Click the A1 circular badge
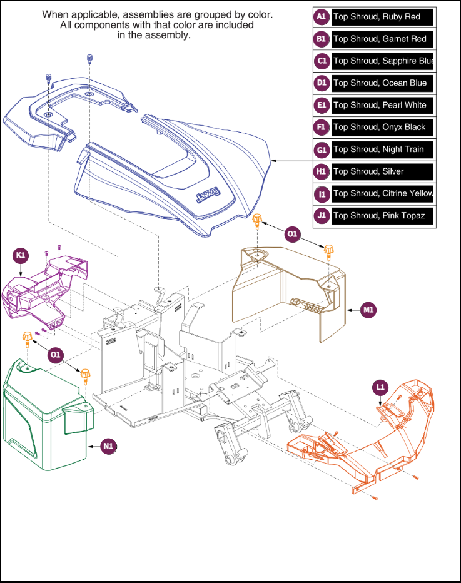pyautogui.click(x=322, y=17)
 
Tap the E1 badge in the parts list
pyautogui.click(x=322, y=105)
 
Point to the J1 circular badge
pyautogui.click(x=322, y=215)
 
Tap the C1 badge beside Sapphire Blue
pyautogui.click(x=322, y=61)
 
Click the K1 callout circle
pyautogui.click(x=21, y=255)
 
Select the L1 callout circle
pyautogui.click(x=380, y=387)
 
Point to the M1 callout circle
pyautogui.click(x=370, y=309)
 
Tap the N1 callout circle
pyautogui.click(x=109, y=446)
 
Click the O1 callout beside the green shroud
pyautogui.click(x=56, y=355)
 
